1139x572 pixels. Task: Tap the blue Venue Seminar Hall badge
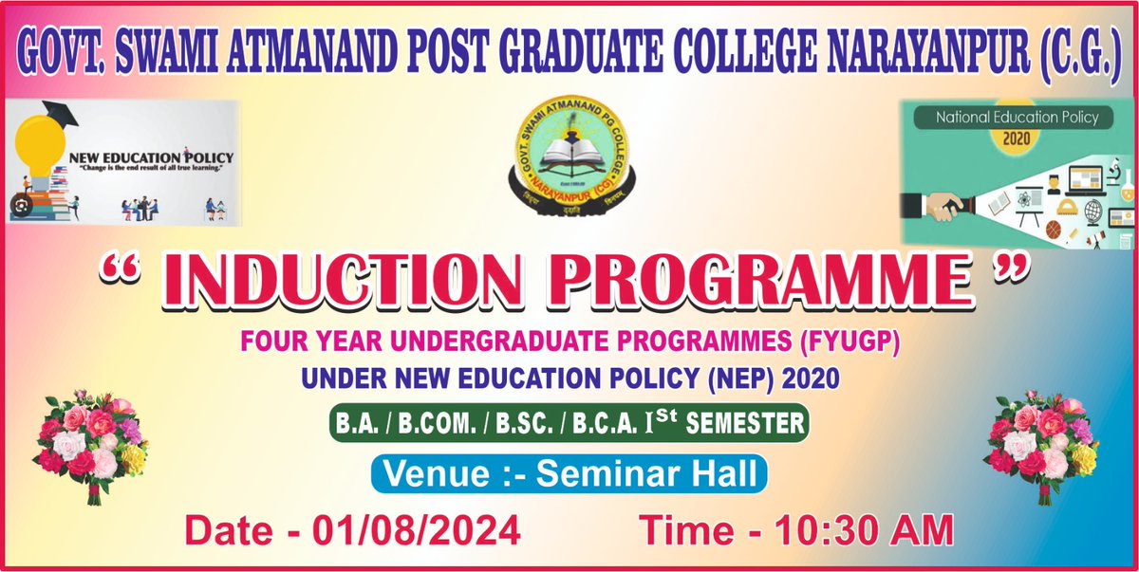(569, 474)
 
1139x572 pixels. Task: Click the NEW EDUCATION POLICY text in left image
(150, 156)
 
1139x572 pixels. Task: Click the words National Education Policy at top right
(1017, 118)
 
